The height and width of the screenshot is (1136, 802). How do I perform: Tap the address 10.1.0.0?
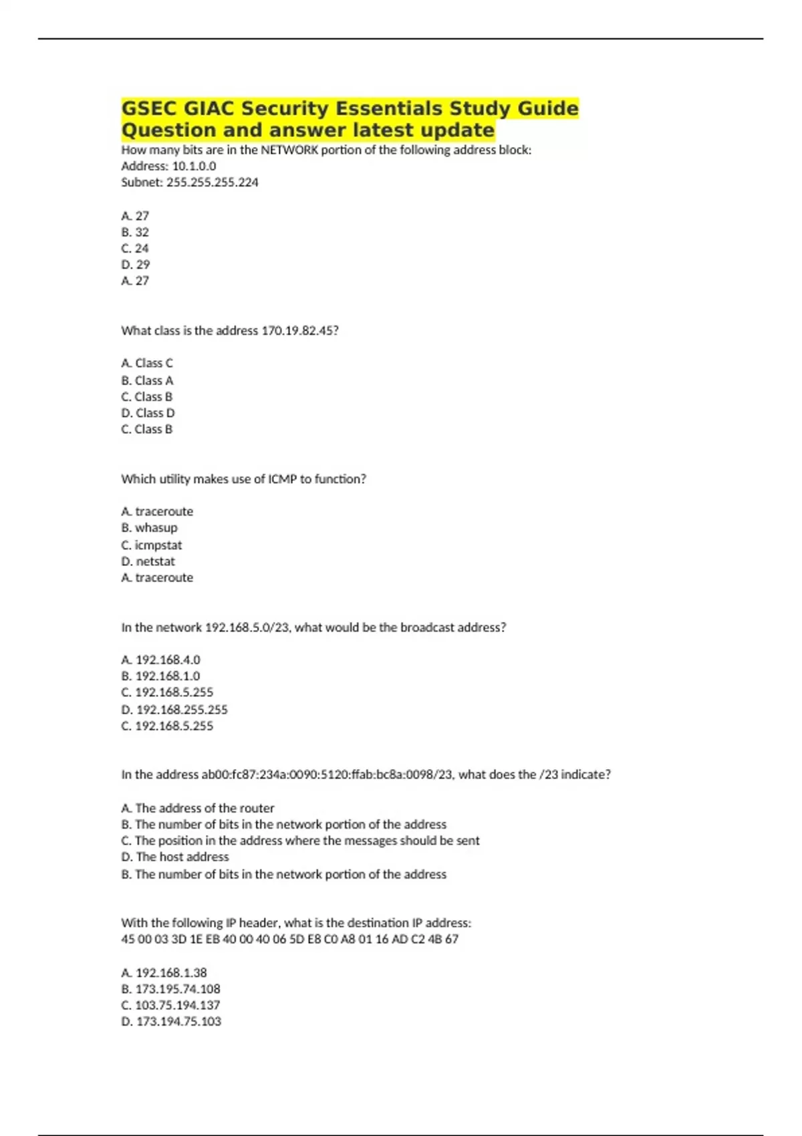194,166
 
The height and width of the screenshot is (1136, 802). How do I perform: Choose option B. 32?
135,233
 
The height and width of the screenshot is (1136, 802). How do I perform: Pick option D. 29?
136,265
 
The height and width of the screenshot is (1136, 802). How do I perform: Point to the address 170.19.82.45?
297,331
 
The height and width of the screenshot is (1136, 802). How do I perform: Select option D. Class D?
148,413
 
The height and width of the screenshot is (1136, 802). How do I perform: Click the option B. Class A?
147,381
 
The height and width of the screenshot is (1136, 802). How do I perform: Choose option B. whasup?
149,528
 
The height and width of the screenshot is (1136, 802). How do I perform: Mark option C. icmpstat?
151,545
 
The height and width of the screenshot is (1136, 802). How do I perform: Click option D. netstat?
148,561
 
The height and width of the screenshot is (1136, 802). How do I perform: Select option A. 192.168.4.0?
160,660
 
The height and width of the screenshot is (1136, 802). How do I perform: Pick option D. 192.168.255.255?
174,710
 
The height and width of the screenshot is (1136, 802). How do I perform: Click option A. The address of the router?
198,809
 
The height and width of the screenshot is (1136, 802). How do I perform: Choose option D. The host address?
175,857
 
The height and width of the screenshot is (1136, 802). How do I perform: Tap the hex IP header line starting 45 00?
289,940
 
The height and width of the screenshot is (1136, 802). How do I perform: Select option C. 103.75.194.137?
170,1005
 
